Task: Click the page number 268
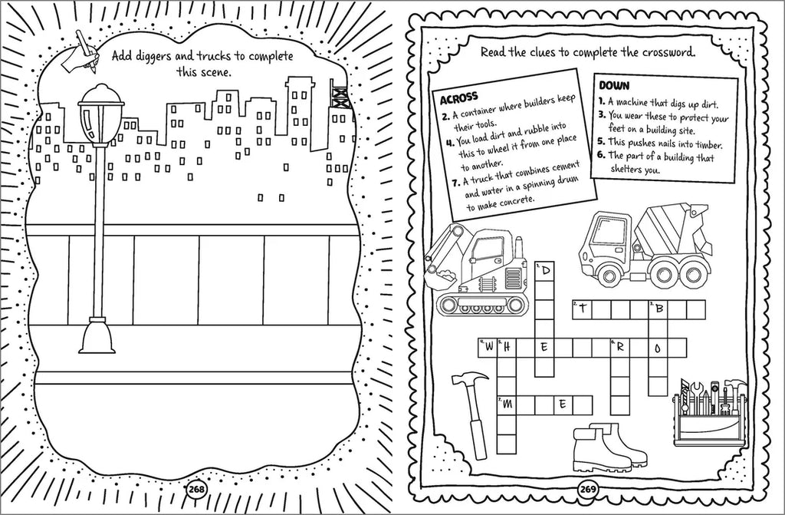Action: click(x=197, y=489)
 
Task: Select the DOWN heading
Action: click(x=615, y=85)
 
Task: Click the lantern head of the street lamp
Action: click(x=101, y=115)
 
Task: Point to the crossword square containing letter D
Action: click(x=545, y=271)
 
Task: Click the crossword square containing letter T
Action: click(x=583, y=309)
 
